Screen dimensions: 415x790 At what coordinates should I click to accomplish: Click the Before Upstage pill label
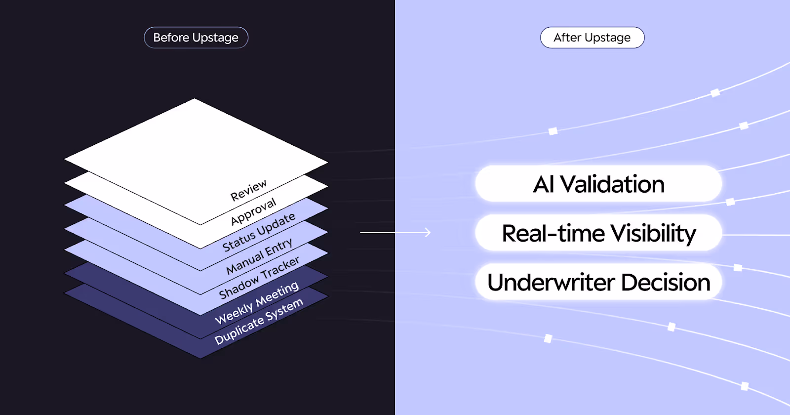point(196,38)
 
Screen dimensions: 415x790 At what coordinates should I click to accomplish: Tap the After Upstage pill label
point(592,38)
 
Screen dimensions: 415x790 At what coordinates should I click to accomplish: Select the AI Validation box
point(598,184)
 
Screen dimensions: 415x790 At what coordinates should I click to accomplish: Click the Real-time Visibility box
point(598,233)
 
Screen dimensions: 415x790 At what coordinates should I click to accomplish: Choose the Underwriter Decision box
point(598,282)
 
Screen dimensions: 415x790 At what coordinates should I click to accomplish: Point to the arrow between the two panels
point(395,232)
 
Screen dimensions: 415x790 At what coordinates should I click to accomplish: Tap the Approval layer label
point(253,211)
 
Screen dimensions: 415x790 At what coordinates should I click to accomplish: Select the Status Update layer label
point(259,232)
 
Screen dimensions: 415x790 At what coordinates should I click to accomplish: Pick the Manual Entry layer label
point(259,256)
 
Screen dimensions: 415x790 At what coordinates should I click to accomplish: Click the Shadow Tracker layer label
point(259,278)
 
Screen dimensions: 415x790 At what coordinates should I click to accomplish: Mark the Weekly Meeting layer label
point(257,303)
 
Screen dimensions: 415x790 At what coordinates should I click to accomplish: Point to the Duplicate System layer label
point(259,321)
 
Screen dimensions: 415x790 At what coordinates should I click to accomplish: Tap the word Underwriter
point(551,282)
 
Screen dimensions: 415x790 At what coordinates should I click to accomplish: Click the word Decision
point(666,282)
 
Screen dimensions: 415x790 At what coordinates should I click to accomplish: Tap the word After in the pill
point(567,38)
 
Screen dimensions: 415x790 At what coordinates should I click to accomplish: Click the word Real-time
point(553,233)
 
